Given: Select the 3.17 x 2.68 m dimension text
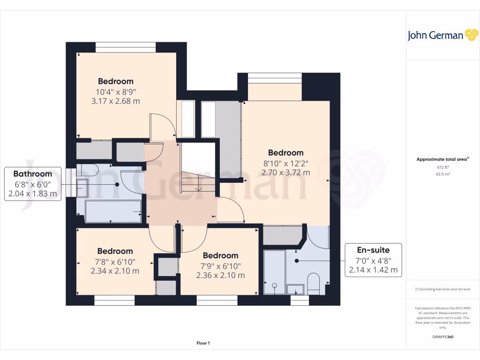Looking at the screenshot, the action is pyautogui.click(x=116, y=101).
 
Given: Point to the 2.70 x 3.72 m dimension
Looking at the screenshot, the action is pyautogui.click(x=285, y=172).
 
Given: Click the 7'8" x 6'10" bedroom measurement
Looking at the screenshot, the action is pyautogui.click(x=115, y=262).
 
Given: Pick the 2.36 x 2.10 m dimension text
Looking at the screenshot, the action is pyautogui.click(x=220, y=275).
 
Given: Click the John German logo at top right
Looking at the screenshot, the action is pyautogui.click(x=442, y=35).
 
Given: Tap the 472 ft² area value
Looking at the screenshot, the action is pyautogui.click(x=442, y=167).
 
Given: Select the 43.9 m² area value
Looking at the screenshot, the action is pyautogui.click(x=442, y=174).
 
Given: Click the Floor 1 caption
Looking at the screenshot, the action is pyautogui.click(x=203, y=343).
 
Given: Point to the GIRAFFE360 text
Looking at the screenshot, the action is pyautogui.click(x=442, y=337).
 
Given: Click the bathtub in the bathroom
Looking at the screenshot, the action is pyautogui.click(x=113, y=211).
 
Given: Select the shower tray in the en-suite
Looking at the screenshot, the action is pyautogui.click(x=275, y=272).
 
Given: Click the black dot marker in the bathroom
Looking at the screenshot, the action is pyautogui.click(x=117, y=185).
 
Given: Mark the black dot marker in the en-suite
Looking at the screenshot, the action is pyautogui.click(x=297, y=261).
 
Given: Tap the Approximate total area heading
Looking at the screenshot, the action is pyautogui.click(x=442, y=159).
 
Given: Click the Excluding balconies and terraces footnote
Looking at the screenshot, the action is pyautogui.click(x=442, y=289).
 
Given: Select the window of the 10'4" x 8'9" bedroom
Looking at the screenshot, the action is pyautogui.click(x=126, y=47).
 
